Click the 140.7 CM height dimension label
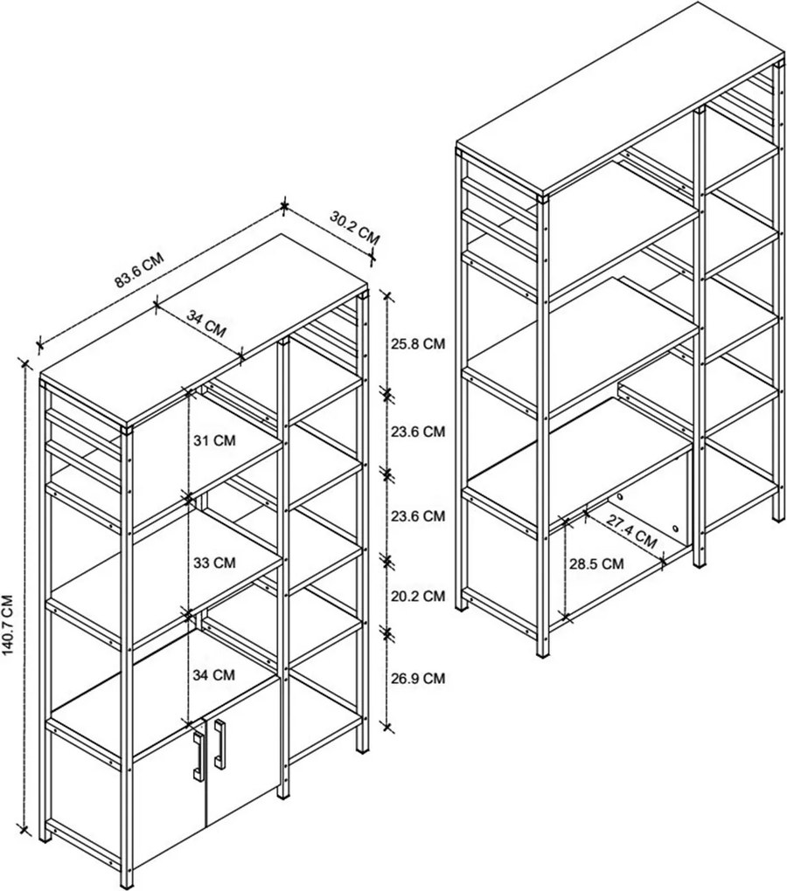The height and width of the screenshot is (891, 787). click(9, 625)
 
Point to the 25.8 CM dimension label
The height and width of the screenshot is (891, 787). click(417, 343)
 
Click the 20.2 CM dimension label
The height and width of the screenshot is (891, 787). click(417, 596)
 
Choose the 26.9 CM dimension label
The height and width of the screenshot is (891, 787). click(417, 678)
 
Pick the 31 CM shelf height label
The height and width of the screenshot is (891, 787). click(214, 440)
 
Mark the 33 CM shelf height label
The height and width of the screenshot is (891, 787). click(214, 563)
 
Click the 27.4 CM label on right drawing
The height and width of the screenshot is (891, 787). click(631, 532)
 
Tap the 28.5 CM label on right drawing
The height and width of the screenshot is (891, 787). click(596, 563)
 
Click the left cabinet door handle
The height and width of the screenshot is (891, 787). click(198, 755)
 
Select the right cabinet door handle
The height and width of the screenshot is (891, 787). click(219, 742)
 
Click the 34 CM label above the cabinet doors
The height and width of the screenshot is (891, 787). click(214, 675)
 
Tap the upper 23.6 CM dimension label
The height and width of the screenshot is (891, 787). click(417, 432)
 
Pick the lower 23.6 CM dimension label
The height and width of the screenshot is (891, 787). click(417, 516)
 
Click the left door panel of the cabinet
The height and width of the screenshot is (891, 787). click(167, 808)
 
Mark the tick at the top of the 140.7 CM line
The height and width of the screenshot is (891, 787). click(24, 363)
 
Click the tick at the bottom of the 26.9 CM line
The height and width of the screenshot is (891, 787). click(387, 726)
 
